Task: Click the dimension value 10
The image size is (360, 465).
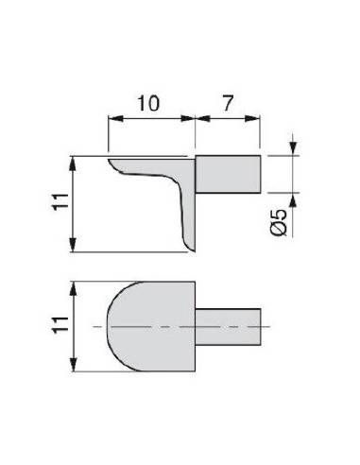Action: pos(148,103)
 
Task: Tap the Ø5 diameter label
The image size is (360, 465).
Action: pos(279,222)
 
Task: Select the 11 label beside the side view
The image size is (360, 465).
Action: pos(60,201)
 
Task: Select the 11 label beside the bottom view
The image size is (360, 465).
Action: pos(60,324)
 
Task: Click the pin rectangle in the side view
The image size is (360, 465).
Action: pos(228,174)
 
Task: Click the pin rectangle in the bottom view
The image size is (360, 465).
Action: pos(228,327)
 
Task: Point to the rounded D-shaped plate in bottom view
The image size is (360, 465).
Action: pos(151,326)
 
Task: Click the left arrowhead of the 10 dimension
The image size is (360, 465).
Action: pos(115,118)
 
